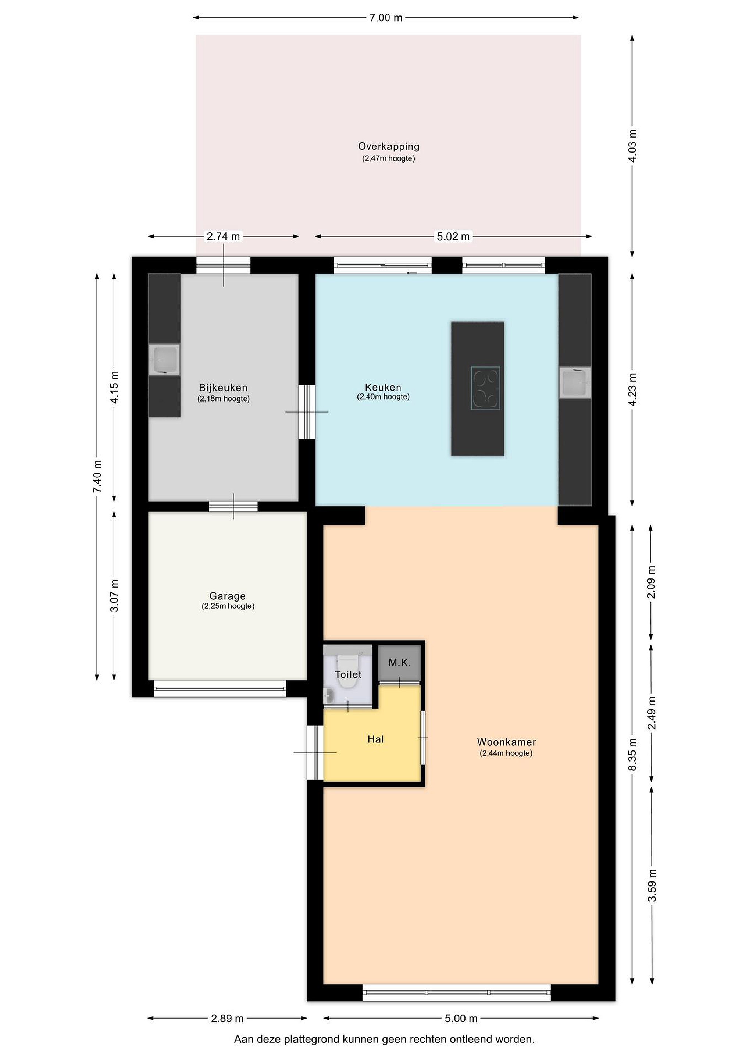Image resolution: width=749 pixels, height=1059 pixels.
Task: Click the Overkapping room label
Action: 389,146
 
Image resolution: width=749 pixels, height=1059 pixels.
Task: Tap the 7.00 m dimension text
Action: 386,18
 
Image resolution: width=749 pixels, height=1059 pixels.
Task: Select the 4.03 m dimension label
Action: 632,146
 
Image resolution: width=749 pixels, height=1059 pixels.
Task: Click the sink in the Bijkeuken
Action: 164,359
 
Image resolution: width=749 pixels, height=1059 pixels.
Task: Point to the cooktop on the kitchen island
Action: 485,388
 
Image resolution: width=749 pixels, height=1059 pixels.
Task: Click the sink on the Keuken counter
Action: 575,382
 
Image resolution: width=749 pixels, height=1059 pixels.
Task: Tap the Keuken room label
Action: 383,388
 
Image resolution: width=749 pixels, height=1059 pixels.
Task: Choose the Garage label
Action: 227,596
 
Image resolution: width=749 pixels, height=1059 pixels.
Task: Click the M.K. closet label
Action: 399,663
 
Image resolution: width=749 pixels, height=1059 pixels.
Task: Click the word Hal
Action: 375,739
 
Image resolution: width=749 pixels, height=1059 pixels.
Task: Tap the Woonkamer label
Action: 506,742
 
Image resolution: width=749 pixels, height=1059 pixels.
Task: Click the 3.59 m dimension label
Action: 652,885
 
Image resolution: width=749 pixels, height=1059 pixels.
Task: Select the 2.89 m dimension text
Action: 227,1019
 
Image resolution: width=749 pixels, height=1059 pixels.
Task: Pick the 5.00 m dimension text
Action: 461,1019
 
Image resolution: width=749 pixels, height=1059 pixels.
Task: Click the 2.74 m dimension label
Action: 223,236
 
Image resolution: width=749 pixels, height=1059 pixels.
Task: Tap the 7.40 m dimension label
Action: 97,477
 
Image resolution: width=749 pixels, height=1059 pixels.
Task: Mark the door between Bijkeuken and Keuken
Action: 307,412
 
